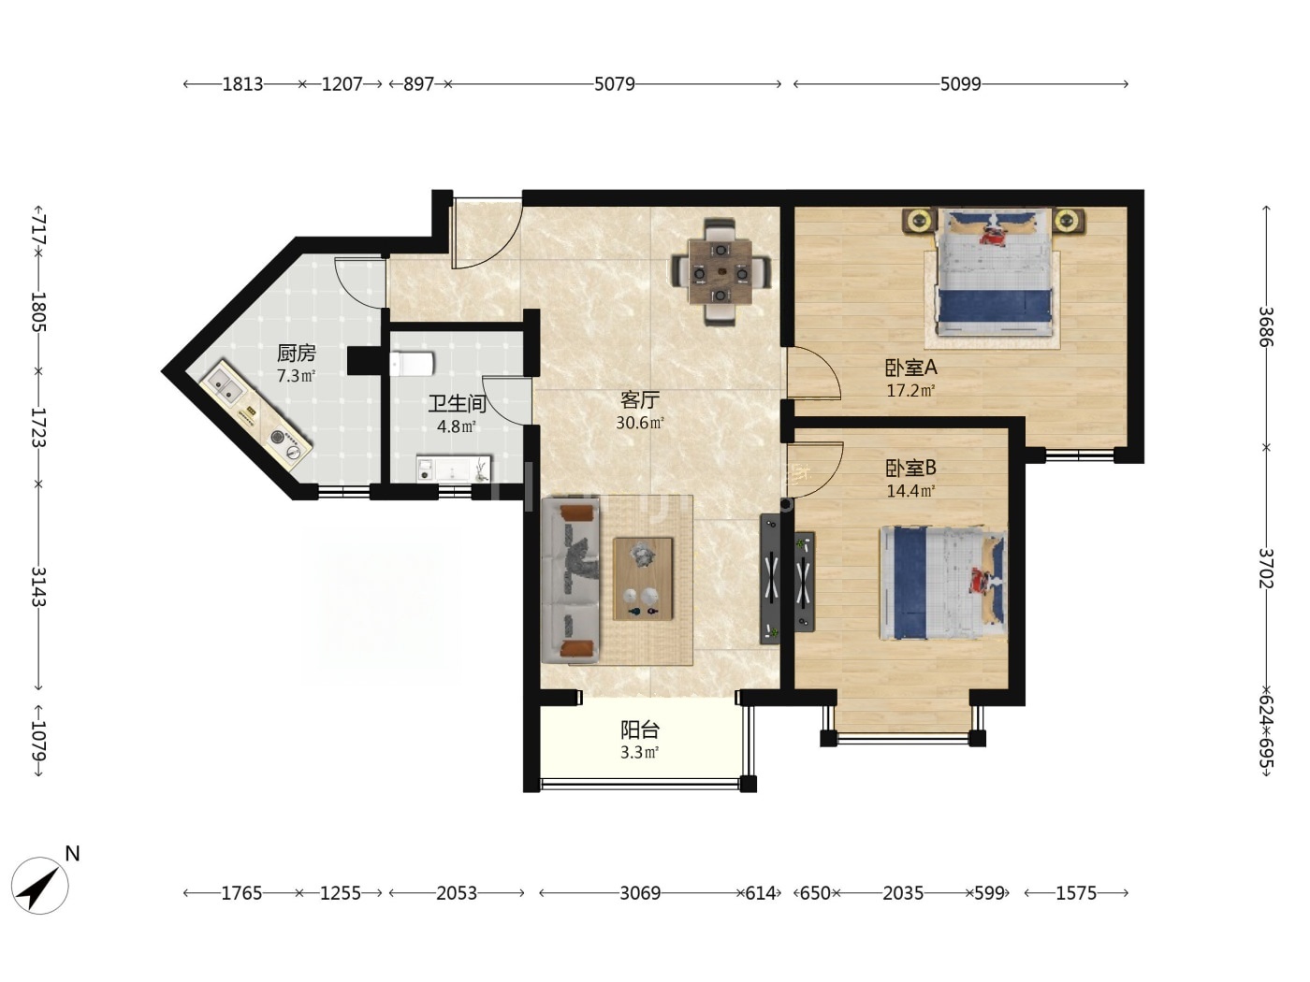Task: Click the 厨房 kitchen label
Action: [x=296, y=353]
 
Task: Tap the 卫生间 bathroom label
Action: [x=457, y=404]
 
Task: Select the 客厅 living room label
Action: [x=640, y=399]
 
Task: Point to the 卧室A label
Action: [x=910, y=368]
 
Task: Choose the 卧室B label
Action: [x=910, y=468]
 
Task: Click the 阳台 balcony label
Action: [x=640, y=729]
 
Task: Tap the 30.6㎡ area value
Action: [x=640, y=423]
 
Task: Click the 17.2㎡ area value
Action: [x=910, y=391]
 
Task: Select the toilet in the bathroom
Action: [x=411, y=364]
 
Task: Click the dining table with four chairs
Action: [x=720, y=272]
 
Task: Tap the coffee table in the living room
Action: [x=643, y=578]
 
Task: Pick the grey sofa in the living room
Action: [x=571, y=581]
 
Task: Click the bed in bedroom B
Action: [x=943, y=583]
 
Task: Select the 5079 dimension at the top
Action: [x=614, y=84]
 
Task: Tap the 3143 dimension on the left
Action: [x=38, y=586]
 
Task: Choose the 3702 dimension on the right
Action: [x=1266, y=568]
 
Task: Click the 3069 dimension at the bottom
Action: [x=640, y=892]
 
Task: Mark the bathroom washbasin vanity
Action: [x=454, y=469]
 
